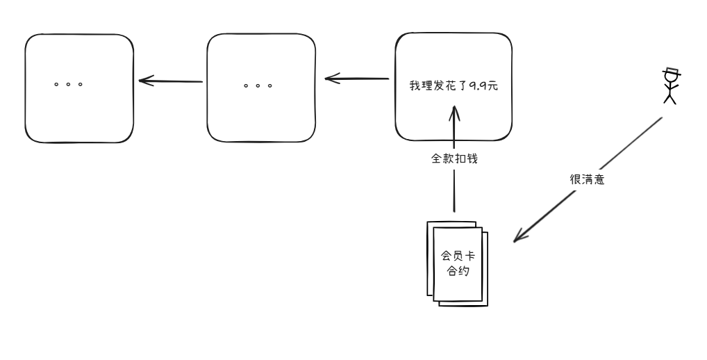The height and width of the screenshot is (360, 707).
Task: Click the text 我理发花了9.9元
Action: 454,87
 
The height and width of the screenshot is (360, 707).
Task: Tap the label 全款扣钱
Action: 454,158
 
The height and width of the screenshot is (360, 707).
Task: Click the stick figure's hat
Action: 671,72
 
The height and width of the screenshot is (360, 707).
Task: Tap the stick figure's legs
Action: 670,98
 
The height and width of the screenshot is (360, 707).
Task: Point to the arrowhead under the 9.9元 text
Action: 454,111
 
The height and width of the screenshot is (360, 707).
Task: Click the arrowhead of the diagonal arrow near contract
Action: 517,238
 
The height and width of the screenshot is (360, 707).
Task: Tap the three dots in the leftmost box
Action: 69,85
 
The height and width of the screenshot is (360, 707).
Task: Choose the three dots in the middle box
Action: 258,86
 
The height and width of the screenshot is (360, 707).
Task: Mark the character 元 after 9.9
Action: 492,87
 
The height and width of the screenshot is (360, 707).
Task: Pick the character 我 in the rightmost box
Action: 415,87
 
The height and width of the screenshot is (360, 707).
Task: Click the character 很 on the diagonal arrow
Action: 575,179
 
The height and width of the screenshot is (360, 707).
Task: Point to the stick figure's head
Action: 670,79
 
